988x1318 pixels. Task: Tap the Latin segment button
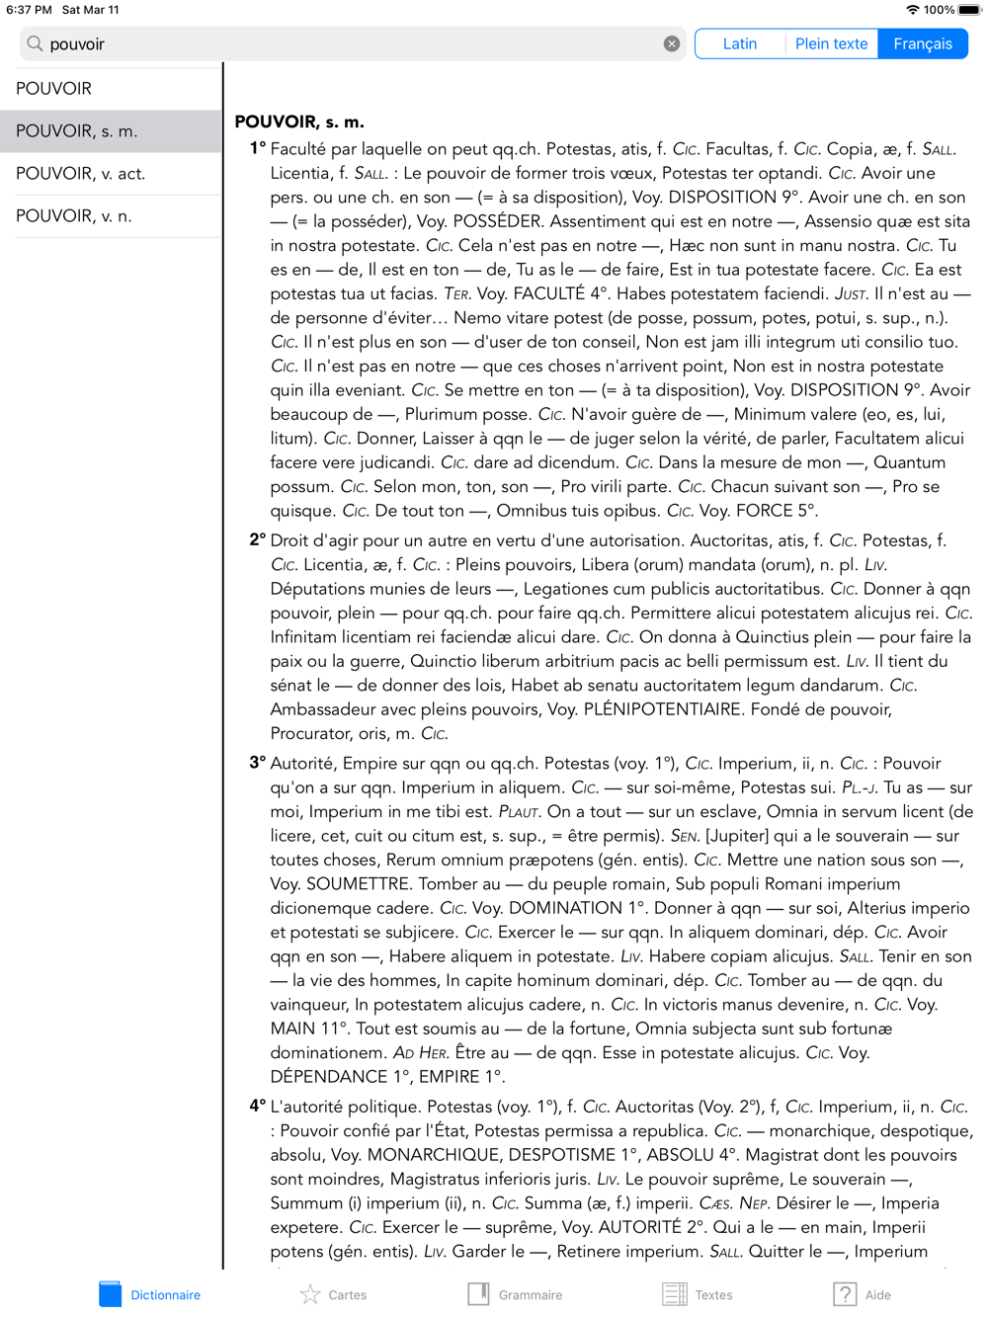pos(739,43)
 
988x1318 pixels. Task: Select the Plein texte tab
pos(831,43)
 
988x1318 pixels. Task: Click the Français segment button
pos(923,43)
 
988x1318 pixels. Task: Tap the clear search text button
pos(672,43)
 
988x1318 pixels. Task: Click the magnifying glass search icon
pos(36,43)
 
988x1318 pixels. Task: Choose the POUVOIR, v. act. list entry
pos(81,174)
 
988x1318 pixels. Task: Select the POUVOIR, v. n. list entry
pos(74,216)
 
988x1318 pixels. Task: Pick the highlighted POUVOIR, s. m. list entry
pos(77,131)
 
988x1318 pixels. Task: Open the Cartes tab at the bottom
pos(333,1294)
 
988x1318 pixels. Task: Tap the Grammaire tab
pos(515,1294)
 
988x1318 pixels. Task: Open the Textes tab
pos(698,1294)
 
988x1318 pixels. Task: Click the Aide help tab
pos(862,1294)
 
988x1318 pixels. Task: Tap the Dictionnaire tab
pos(150,1294)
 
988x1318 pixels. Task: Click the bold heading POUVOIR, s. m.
pos(299,123)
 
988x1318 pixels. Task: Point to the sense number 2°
pos(257,540)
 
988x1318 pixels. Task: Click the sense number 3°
pos(257,763)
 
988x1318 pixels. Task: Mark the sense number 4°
pos(257,1107)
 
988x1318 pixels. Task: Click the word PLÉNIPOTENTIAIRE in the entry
pos(663,709)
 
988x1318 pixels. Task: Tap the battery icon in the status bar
pos(969,10)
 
